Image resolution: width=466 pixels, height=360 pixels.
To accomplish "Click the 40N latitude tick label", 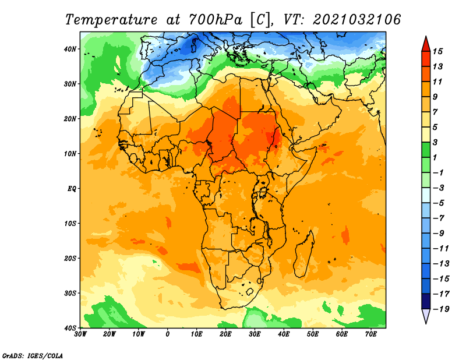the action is pos(70,49).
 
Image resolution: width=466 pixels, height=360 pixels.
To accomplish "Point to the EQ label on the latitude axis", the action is pos(72,189).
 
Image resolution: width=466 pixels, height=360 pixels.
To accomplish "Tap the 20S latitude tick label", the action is pos(70,258).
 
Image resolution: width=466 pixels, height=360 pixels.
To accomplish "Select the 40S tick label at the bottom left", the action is pos(70,328).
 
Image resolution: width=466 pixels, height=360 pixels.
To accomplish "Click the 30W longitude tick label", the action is pos(80,334).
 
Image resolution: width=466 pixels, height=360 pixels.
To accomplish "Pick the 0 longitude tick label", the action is pos(168,334).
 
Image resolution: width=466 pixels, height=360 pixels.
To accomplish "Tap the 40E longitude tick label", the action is pos(284,334).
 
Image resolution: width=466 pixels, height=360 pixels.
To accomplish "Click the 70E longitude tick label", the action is pos(370,334).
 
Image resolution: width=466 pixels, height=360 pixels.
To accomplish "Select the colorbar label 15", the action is pos(437,51).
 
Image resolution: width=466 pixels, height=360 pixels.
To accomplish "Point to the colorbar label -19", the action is pos(441,309).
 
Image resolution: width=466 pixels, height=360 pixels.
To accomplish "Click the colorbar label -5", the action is pos(439,203).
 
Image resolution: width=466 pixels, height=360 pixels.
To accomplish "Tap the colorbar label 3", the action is pos(435,142).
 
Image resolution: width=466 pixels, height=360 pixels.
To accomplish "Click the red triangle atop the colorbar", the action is pos(426,44).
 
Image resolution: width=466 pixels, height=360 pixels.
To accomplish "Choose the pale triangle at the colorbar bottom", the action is pos(426,316).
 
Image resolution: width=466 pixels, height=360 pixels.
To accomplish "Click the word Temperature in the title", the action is pos(111,20).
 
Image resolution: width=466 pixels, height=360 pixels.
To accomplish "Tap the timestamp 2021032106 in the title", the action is pos(356,20).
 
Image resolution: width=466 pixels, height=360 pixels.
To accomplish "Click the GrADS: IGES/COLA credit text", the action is pos(33,355).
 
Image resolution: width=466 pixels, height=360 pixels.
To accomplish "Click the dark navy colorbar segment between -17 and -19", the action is pos(426,301).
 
